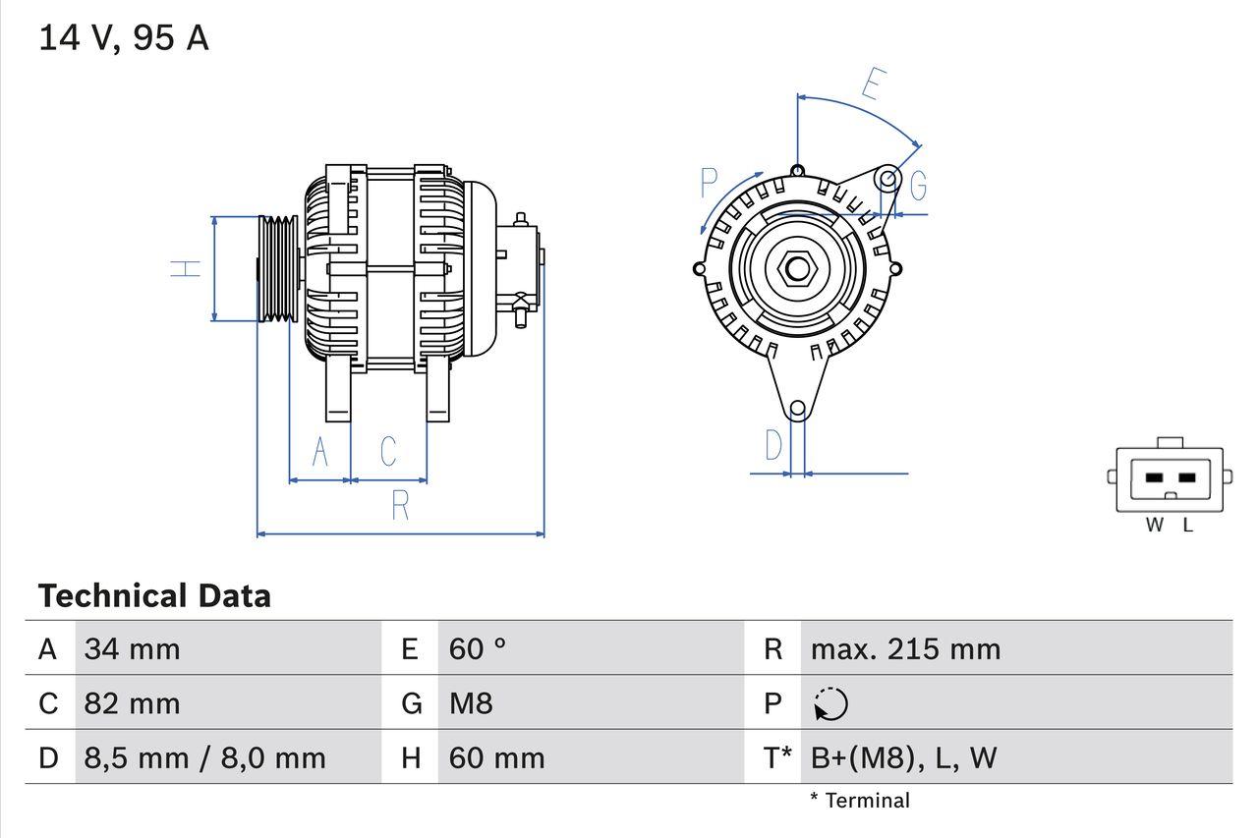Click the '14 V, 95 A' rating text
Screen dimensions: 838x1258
click(124, 38)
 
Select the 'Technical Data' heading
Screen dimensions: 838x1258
click(154, 595)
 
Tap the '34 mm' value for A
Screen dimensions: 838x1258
click(132, 648)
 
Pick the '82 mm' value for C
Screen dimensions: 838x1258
click(132, 703)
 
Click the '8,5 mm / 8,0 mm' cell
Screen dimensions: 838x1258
click(204, 757)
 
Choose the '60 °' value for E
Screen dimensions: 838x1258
click(478, 648)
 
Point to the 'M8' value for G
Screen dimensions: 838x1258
click(471, 703)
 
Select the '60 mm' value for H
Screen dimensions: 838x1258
click(496, 757)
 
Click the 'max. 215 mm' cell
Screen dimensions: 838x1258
click(905, 648)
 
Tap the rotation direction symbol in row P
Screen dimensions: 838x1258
click(830, 703)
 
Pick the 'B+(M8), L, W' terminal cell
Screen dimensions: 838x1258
click(903, 757)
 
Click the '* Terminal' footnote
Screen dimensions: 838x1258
click(860, 801)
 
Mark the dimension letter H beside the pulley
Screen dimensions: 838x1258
click(186, 268)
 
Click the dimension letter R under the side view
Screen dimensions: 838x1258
click(399, 505)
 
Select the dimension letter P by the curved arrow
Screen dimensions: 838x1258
click(710, 184)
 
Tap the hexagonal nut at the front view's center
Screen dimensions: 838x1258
click(797, 268)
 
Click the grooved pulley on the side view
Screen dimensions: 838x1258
click(277, 268)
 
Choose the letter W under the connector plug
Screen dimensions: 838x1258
click(1155, 526)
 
